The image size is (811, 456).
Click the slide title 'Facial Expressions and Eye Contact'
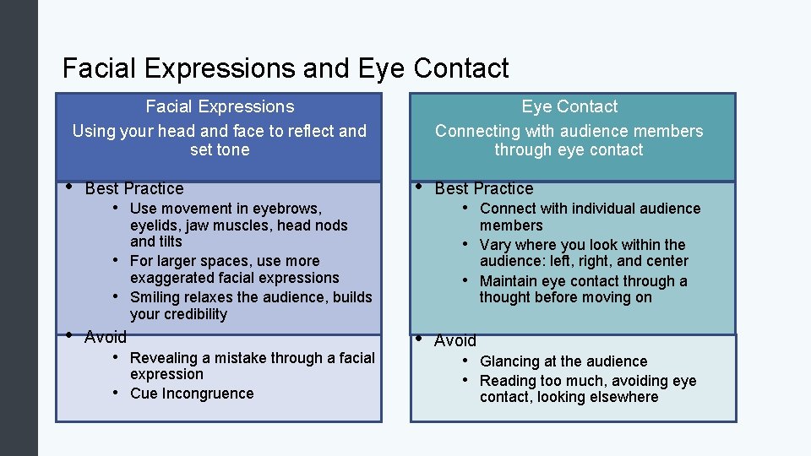tap(286, 68)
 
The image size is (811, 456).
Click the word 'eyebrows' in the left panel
tap(289, 209)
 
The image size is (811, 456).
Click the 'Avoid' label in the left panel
tap(106, 338)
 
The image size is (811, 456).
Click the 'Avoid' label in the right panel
tap(455, 341)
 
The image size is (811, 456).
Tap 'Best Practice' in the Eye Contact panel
tap(484, 188)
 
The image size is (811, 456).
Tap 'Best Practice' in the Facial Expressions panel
tap(134, 188)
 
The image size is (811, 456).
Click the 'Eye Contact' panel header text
tap(569, 107)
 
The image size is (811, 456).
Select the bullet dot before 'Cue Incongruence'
tap(116, 394)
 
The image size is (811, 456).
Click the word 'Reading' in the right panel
tap(509, 381)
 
